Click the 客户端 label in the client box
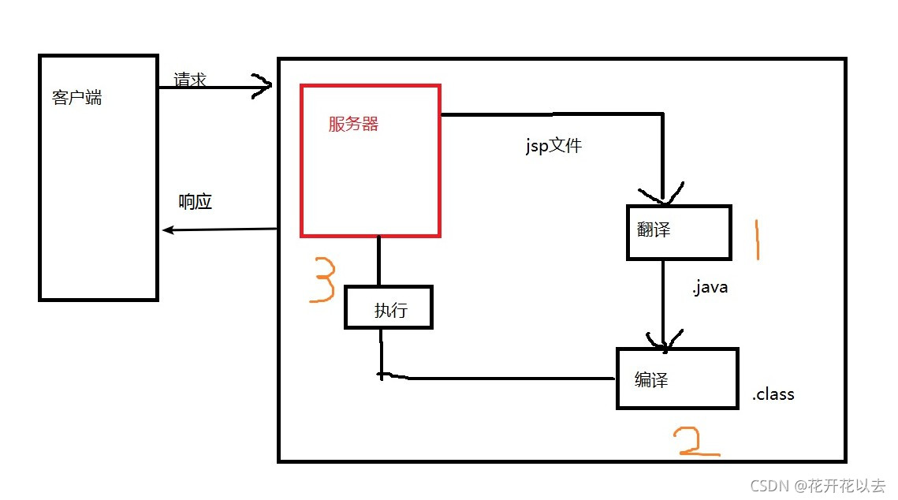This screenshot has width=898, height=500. pyautogui.click(x=76, y=99)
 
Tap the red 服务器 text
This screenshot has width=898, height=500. pyautogui.click(x=353, y=124)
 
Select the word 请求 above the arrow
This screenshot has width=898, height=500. pyautogui.click(x=190, y=79)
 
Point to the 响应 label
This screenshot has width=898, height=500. pyautogui.click(x=196, y=202)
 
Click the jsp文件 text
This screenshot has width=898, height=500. pyautogui.click(x=553, y=145)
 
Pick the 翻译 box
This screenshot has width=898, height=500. pyautogui.click(x=679, y=232)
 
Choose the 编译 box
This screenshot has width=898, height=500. pyautogui.click(x=676, y=379)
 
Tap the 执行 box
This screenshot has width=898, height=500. pyautogui.click(x=389, y=308)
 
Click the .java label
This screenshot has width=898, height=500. pyautogui.click(x=710, y=288)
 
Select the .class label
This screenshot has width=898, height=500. pyautogui.click(x=773, y=394)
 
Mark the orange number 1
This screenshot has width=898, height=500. pyautogui.click(x=757, y=241)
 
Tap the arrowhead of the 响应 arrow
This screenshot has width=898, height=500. pyautogui.click(x=167, y=230)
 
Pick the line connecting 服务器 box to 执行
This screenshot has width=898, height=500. pyautogui.click(x=379, y=260)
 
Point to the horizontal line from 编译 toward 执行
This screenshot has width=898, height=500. pyautogui.click(x=505, y=379)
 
